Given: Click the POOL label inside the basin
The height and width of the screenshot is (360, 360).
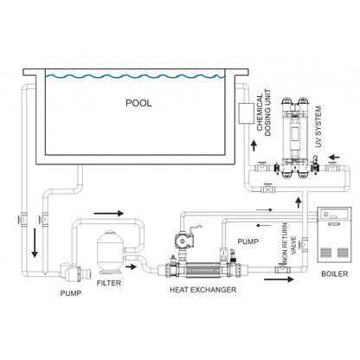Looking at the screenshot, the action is [138, 103].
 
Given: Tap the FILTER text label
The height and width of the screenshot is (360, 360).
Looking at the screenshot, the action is [109, 283].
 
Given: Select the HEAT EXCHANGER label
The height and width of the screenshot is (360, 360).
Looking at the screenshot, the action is [202, 290].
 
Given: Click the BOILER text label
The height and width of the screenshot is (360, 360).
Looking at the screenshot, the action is [335, 273].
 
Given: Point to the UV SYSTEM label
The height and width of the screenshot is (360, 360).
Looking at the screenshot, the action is [318, 126].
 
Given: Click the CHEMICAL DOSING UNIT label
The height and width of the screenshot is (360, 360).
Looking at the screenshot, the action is [264, 112].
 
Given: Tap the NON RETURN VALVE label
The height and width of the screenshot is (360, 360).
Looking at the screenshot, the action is [289, 244].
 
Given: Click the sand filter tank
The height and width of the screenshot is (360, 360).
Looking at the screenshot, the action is [111, 252].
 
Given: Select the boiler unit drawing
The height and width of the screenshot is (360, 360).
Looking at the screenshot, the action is [334, 235].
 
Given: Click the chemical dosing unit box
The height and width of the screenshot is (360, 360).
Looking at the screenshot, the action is [247, 113].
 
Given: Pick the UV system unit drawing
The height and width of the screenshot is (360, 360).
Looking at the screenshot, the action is [295, 138].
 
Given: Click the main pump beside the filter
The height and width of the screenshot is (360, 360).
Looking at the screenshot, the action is [74, 272].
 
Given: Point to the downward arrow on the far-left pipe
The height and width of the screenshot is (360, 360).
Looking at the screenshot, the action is [35, 242].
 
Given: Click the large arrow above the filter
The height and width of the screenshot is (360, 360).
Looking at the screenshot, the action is [109, 214].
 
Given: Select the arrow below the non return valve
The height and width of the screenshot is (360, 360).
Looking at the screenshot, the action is [279, 279].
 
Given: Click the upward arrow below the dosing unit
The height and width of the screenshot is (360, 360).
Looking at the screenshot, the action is [254, 145].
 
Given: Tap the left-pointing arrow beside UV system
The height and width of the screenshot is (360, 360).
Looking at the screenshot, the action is [334, 157].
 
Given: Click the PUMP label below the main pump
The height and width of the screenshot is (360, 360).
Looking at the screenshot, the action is [71, 293].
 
